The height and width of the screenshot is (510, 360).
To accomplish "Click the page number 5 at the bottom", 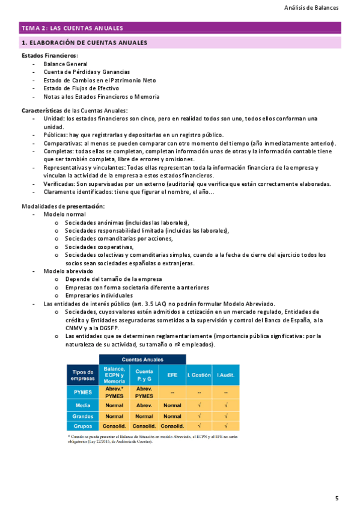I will pyautogui.click(x=337, y=498).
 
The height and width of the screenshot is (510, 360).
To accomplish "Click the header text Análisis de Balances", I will pyautogui.click(x=311, y=8).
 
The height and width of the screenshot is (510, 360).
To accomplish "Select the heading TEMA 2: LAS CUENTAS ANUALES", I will pyautogui.click(x=72, y=28).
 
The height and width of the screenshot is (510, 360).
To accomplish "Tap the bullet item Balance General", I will pyautogui.click(x=66, y=64).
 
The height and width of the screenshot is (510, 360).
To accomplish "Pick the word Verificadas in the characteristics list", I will pyautogui.click(x=61, y=183).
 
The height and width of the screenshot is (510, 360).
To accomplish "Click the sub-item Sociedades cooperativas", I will pyautogui.click(x=99, y=247).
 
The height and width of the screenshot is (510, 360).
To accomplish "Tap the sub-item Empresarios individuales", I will pyautogui.click(x=99, y=295).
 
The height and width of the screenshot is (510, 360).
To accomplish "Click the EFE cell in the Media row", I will pyautogui.click(x=172, y=405).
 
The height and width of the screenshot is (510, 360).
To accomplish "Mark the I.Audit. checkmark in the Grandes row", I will pyautogui.click(x=225, y=416).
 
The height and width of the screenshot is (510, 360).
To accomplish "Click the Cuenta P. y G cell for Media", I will pyautogui.click(x=144, y=405).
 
